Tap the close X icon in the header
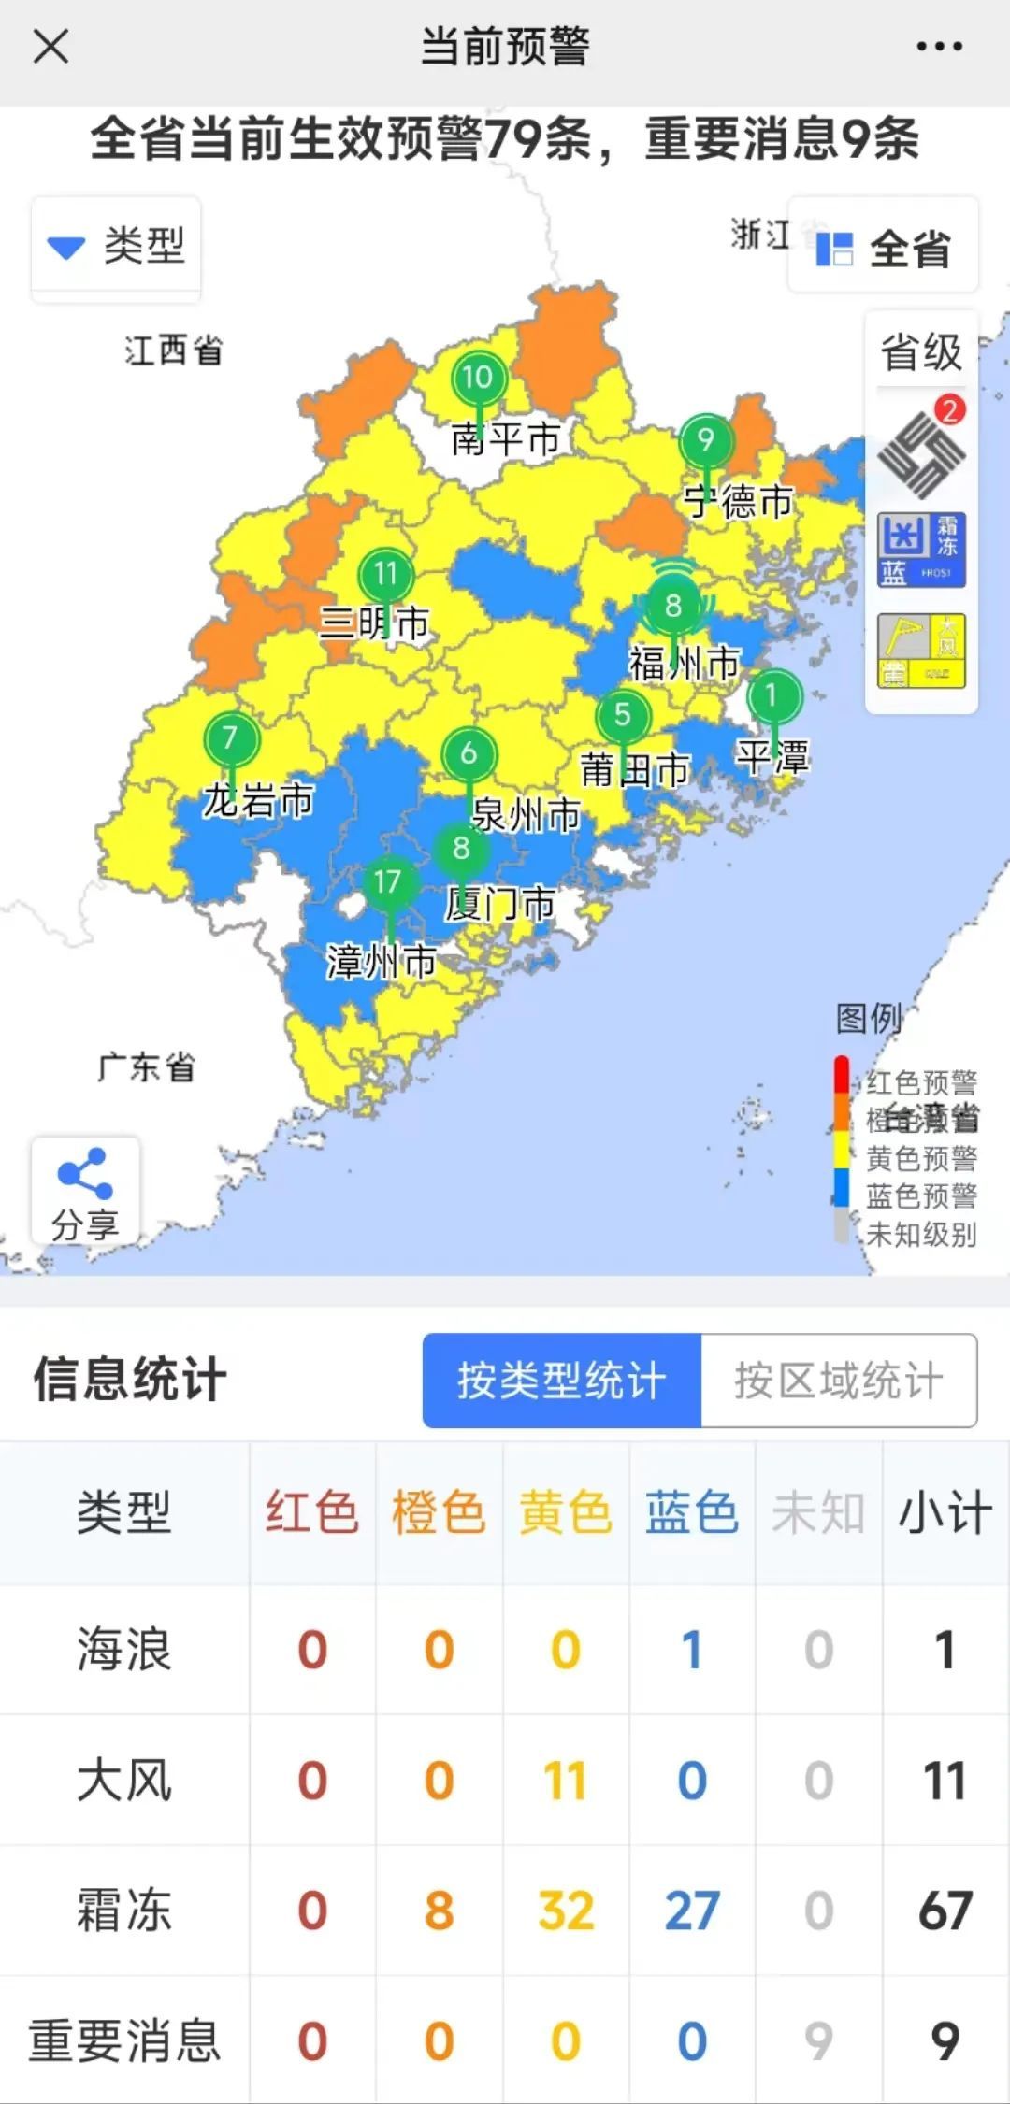pos(50,46)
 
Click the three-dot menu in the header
pos(939,46)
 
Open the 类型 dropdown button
pos(116,247)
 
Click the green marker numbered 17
pos(387,882)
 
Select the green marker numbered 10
pos(478,379)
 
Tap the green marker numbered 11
pos(385,574)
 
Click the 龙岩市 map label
pos(258,801)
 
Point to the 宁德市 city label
pos(738,502)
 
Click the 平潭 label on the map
pos(772,756)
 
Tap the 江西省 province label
pos(174,351)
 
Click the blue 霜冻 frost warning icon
pos(921,550)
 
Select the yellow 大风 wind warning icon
pos(921,651)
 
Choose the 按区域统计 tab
pos(839,1381)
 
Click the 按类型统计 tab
pos(561,1381)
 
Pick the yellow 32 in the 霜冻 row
pos(566,1911)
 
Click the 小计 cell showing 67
pos(945,1911)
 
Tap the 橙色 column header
pos(439,1512)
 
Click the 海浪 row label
pos(124,1649)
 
